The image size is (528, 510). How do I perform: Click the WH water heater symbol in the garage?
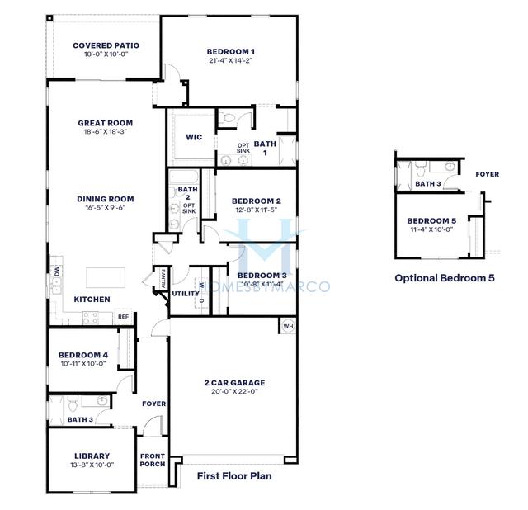point(288,326)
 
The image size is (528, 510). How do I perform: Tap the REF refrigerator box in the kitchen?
point(123,317)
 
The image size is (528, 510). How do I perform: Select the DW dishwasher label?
point(57,270)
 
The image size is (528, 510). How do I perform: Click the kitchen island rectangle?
point(106,277)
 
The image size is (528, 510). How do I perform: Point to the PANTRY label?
point(163,278)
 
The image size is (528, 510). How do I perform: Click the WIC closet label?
point(194,137)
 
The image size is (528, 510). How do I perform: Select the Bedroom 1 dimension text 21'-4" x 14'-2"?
point(231,60)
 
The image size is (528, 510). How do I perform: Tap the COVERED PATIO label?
point(106,45)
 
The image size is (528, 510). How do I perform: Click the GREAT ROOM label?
point(106,123)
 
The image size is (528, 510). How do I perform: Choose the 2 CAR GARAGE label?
point(234,383)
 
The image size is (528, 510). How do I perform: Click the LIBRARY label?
point(92,456)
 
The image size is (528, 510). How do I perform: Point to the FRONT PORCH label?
point(153,460)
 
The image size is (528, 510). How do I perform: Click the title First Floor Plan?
point(234,476)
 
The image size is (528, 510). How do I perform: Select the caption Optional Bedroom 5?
point(445,278)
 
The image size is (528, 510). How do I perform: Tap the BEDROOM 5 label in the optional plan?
point(431,221)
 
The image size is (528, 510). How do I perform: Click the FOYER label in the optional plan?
point(488,174)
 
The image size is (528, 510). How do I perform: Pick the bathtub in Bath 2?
point(184,177)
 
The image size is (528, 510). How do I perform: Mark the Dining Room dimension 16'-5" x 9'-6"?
point(106,207)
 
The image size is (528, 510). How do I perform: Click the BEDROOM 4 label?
point(83,355)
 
